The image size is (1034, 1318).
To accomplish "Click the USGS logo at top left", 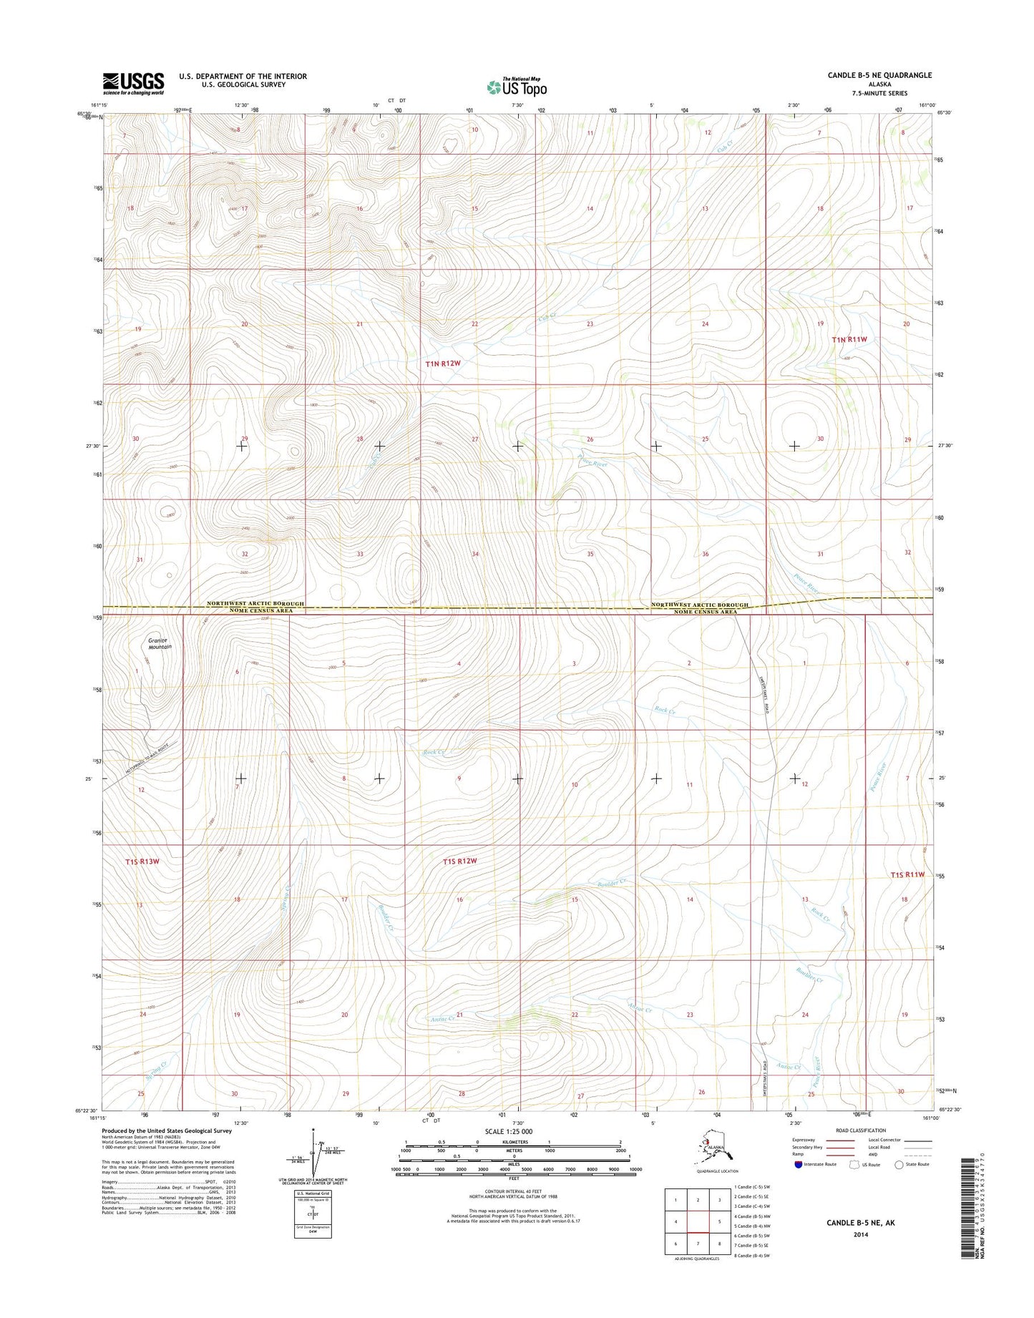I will tap(133, 83).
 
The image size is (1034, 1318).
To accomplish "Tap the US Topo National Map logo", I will tap(517, 87).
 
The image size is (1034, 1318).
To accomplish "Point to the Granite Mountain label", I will tap(160, 643).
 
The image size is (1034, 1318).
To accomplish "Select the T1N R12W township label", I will tap(443, 363).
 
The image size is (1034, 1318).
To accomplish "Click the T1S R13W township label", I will tap(142, 861).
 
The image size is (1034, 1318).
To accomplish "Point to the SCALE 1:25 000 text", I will tap(508, 1131).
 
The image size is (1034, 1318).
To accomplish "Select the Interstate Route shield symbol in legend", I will tap(798, 1164).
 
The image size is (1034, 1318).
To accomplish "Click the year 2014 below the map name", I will tap(860, 1234).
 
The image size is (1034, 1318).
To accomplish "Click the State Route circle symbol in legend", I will tap(899, 1164).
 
